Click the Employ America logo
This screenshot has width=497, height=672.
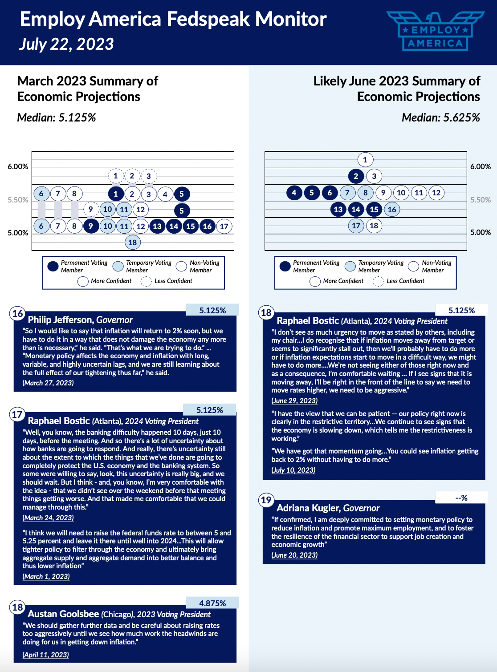(435, 31)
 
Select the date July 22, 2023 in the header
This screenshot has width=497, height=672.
(66, 44)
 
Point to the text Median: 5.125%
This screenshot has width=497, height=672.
(57, 117)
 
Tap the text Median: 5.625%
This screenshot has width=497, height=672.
(440, 117)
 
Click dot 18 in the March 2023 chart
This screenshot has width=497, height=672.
(132, 242)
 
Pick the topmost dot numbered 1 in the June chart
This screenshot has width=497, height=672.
(365, 160)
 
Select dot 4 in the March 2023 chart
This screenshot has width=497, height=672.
(165, 194)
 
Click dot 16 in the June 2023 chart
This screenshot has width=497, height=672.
(392, 210)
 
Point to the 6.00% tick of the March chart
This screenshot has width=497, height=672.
(18, 166)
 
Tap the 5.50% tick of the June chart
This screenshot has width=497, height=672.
(481, 200)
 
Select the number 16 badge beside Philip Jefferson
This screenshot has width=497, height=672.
(17, 313)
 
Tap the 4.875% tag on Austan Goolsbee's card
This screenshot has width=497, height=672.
(212, 603)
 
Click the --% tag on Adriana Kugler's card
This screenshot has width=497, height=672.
(461, 498)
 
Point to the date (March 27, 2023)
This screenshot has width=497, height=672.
(48, 383)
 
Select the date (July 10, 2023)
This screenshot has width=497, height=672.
(293, 470)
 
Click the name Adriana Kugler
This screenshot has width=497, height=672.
(308, 508)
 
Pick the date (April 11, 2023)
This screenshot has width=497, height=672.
(46, 655)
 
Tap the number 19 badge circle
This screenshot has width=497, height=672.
(266, 500)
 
